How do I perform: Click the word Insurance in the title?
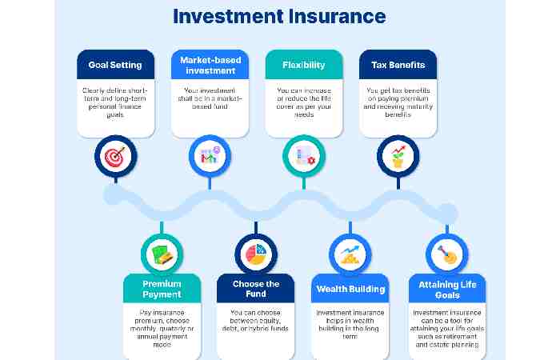click(335, 16)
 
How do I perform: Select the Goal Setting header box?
click(115, 65)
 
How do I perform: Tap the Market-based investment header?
click(210, 65)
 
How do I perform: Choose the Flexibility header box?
click(303, 65)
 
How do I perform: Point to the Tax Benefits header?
click(398, 65)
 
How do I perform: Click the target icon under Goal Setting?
click(115, 155)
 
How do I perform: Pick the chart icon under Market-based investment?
click(210, 155)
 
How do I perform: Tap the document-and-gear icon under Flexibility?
click(304, 155)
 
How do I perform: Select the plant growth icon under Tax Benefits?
click(398, 155)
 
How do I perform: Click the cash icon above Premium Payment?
click(162, 254)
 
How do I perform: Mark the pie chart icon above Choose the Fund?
click(256, 254)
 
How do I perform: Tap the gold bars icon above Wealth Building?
click(350, 254)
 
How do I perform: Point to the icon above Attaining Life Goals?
click(445, 254)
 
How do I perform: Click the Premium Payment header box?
click(162, 289)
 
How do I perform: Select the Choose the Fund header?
click(256, 289)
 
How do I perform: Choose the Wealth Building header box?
click(350, 289)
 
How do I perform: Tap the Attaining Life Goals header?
click(445, 289)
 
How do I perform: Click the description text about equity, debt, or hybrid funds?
click(256, 320)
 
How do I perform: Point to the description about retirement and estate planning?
click(445, 329)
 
